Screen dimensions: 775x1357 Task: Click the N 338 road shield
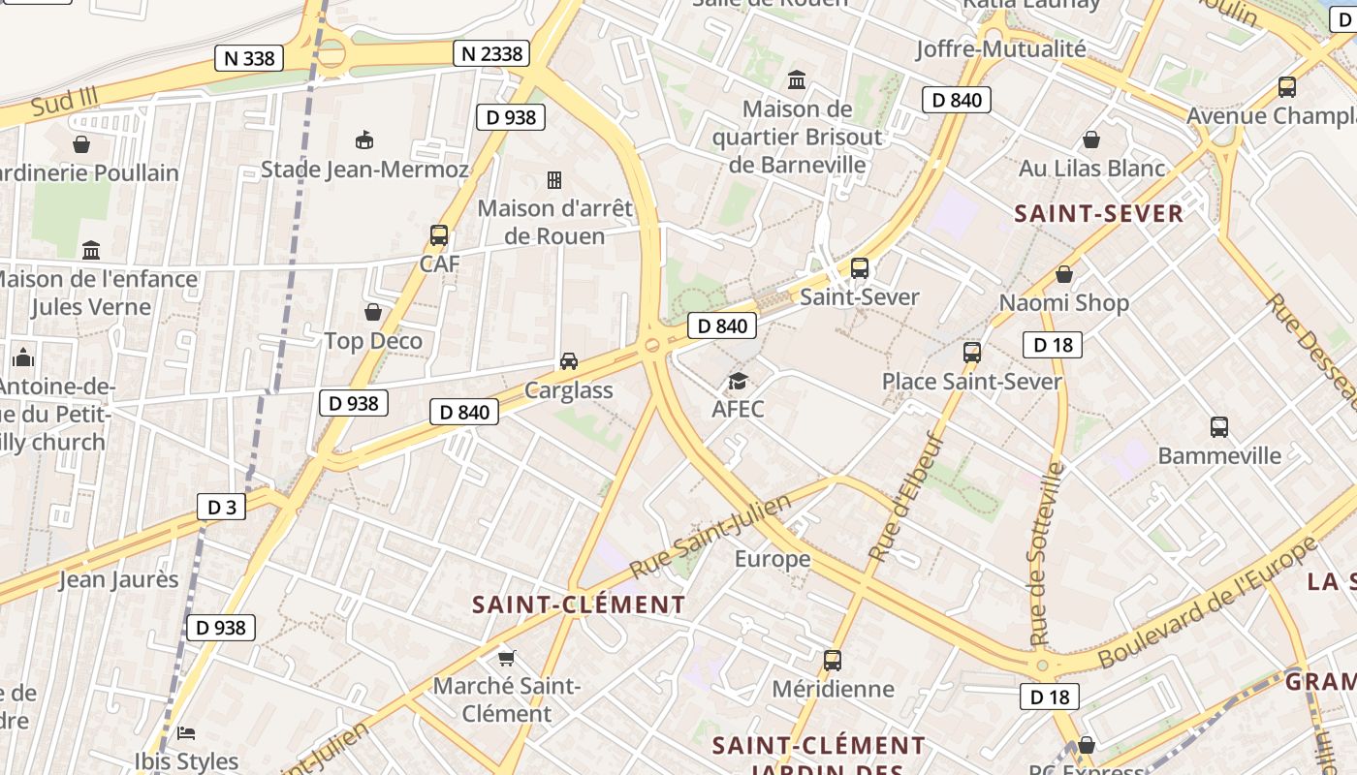point(249,58)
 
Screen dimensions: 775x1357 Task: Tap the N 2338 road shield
point(491,53)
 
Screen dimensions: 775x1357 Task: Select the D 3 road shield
point(221,507)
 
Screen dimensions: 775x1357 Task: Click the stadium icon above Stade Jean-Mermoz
point(364,140)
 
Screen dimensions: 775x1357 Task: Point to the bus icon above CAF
point(439,234)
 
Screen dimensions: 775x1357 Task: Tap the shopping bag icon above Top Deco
point(373,312)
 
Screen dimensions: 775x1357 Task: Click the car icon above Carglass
point(569,361)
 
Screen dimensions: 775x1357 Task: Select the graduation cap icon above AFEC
point(738,381)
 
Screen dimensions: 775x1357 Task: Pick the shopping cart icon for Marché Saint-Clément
point(506,659)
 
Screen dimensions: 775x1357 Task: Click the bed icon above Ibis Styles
point(187,732)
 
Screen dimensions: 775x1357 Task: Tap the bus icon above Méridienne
point(833,661)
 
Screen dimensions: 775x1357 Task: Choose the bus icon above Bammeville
point(1219,426)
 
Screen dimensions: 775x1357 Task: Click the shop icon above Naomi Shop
point(1064,274)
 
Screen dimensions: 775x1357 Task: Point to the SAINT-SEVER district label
point(1099,214)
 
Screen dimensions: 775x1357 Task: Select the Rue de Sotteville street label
point(1047,554)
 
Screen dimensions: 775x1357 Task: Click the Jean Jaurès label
point(119,580)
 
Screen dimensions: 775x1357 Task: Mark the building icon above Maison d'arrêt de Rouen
point(554,180)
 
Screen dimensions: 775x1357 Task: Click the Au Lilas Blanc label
point(1091,169)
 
